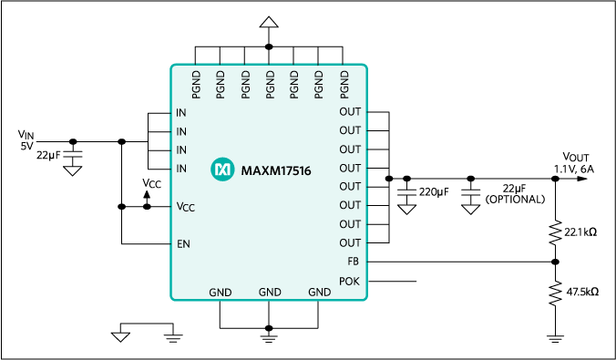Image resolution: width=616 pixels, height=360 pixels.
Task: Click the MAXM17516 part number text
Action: click(276, 170)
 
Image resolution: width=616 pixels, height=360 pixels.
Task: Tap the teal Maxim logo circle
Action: click(222, 170)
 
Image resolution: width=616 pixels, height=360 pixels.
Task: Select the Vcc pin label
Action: click(185, 207)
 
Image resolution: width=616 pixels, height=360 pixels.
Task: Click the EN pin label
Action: click(183, 244)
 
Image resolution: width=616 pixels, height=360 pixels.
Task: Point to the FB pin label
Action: click(354, 262)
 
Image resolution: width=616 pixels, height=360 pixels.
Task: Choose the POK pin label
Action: click(350, 281)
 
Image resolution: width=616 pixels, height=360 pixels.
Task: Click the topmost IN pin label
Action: click(181, 113)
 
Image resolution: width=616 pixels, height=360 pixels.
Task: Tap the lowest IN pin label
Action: click(181, 169)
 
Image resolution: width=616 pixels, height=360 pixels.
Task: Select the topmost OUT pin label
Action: click(350, 112)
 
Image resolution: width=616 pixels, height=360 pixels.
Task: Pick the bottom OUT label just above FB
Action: click(350, 243)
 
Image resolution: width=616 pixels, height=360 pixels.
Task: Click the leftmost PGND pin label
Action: click(196, 84)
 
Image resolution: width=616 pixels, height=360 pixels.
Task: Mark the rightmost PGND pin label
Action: click(344, 84)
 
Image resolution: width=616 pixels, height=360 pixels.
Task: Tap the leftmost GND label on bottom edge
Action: click(221, 293)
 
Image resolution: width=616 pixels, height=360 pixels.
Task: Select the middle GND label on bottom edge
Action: click(270, 293)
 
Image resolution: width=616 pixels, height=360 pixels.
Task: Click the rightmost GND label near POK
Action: click(319, 293)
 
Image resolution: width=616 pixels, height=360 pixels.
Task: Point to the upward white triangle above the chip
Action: click(269, 23)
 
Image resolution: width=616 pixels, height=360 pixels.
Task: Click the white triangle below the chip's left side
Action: click(120, 336)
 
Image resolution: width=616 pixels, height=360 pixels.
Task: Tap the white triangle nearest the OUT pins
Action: click(407, 210)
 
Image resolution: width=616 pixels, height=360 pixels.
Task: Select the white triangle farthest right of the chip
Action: click(470, 210)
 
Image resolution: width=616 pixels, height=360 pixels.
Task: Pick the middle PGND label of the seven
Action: click(270, 84)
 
